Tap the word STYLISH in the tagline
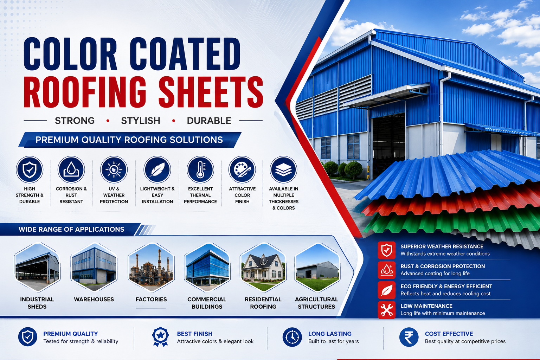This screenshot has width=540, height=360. tap(141, 121)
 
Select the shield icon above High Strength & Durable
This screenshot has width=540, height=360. tap(30, 169)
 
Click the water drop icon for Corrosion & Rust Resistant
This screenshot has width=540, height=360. tap(71, 169)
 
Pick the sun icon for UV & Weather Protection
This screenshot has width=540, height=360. tap(114, 169)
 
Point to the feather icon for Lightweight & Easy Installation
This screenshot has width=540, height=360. tap(157, 169)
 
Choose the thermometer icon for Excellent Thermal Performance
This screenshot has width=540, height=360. tap(200, 169)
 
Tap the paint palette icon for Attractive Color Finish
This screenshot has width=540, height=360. tap(242, 169)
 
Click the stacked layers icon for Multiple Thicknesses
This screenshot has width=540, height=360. tap(283, 169)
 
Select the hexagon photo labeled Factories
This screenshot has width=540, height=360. tap(151, 267)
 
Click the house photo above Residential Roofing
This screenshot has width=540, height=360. tap(263, 267)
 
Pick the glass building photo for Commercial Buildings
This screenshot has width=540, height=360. tap(207, 267)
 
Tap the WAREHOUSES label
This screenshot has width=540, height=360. tap(94, 299)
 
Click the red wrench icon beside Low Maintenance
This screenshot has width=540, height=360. tap(387, 310)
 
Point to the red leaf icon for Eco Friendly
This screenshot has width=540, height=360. tap(387, 290)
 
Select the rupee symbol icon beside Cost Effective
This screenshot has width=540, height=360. tap(409, 337)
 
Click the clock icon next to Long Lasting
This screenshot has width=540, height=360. tap(292, 337)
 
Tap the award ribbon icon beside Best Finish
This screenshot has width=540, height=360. tap(160, 337)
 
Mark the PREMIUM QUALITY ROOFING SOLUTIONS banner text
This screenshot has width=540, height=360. tap(129, 140)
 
